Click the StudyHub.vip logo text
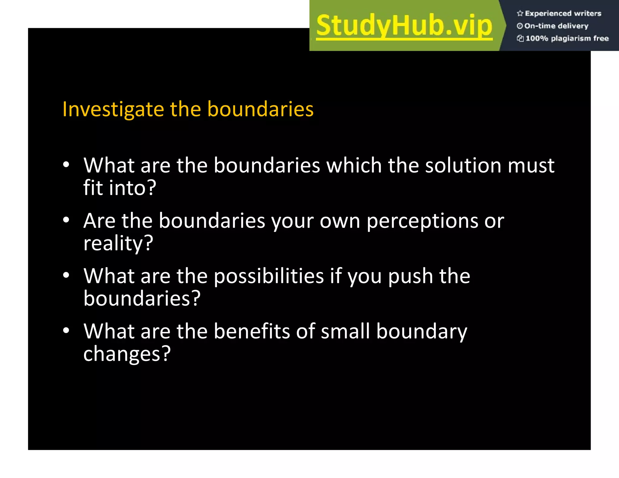[404, 26]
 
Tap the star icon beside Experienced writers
[520, 13]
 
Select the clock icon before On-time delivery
[520, 26]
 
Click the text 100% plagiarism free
[567, 38]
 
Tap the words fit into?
[120, 188]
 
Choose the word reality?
[118, 243]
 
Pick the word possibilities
[269, 276]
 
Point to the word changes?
[127, 354]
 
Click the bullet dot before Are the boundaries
[66, 220]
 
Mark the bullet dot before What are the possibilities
[66, 275]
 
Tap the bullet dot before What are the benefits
[66, 331]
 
